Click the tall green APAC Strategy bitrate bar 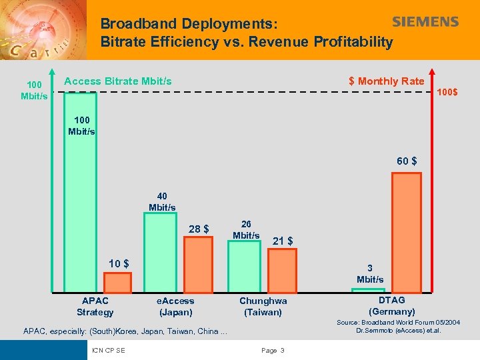80,193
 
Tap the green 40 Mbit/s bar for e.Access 161,253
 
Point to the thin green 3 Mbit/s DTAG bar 371,290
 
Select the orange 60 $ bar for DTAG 406,233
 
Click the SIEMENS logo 425,22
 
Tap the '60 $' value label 407,161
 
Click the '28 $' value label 199,229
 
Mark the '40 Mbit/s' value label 162,202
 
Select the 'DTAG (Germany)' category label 391,306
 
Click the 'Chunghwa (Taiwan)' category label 263,307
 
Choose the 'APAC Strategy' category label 95,307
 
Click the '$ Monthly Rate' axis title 386,81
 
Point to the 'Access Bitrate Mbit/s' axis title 118,81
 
